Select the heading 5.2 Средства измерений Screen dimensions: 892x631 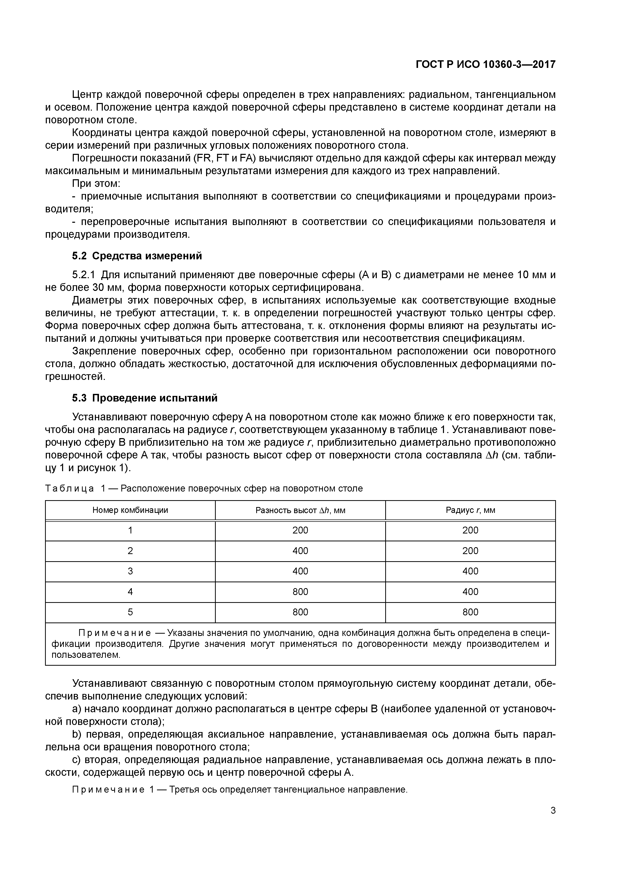tap(137, 256)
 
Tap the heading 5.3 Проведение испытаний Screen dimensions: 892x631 tap(145, 398)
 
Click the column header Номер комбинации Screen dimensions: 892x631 tap(130, 510)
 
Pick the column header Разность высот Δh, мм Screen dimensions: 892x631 tap(300, 510)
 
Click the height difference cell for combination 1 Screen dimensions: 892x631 tap(300, 530)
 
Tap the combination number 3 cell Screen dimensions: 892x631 tap(130, 571)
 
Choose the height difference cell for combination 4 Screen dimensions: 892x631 tap(300, 592)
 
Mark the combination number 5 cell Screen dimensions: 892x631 tap(130, 612)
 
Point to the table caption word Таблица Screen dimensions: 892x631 tap(70, 489)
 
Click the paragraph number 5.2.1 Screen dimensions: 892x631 tap(84, 275)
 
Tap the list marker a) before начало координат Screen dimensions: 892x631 tap(77, 709)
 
